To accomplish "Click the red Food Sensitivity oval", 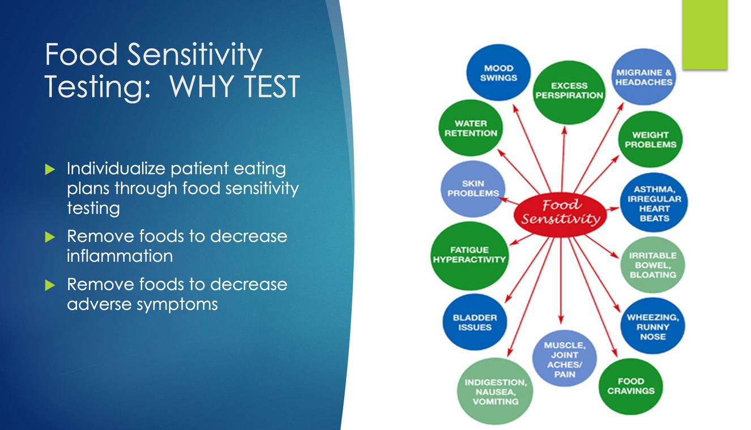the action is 560,215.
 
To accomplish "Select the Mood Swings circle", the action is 498,73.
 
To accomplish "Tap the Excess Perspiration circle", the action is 569,92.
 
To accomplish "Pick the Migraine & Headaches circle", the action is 644,77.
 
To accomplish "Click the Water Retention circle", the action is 471,128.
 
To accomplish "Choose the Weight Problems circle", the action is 650,139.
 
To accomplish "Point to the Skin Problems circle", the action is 473,189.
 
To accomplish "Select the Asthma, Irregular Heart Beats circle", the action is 654,202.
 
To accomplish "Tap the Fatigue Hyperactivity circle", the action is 470,256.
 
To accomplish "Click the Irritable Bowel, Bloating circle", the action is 652,265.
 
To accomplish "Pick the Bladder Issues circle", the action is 475,322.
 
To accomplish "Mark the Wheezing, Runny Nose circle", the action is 652,326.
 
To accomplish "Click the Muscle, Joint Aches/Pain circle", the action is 565,358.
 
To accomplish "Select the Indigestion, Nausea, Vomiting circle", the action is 495,391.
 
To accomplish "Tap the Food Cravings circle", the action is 630,386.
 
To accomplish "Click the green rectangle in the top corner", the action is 705,35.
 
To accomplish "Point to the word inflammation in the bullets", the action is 120,256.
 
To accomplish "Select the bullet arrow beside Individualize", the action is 50,169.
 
